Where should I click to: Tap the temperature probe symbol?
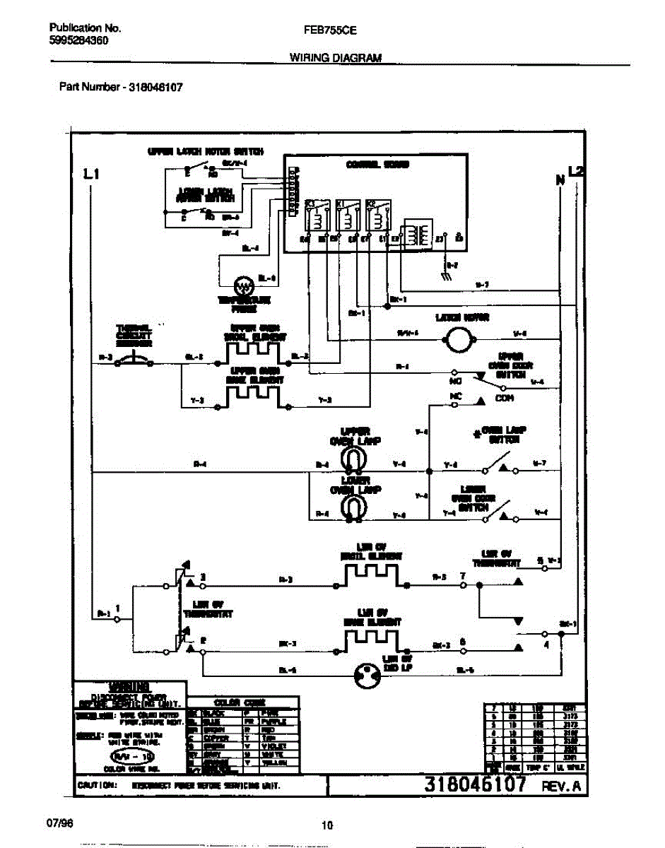click(x=244, y=286)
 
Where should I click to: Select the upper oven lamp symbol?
click(x=351, y=460)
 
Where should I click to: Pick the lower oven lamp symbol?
click(x=351, y=506)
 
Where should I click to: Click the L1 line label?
click(x=90, y=174)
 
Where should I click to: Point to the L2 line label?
click(x=577, y=170)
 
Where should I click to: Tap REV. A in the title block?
click(x=563, y=786)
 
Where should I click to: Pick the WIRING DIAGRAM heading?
click(x=336, y=59)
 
